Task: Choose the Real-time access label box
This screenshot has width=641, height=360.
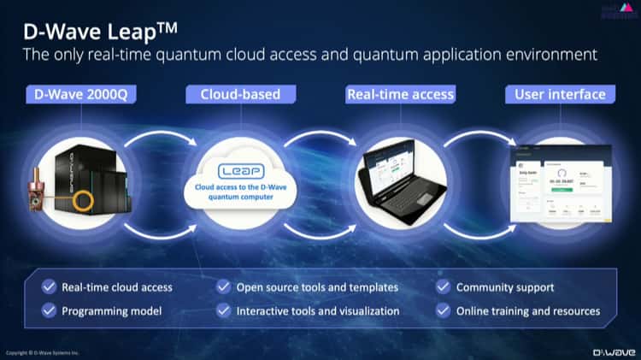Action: point(400,94)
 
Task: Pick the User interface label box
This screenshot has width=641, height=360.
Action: point(560,94)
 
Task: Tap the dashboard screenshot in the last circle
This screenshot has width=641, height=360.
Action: point(559,184)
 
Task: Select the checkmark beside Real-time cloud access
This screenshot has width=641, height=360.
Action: point(50,287)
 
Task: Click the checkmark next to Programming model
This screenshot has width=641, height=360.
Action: point(50,310)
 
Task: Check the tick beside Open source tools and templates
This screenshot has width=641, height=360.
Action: point(224,287)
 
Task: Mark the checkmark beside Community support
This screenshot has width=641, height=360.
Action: point(443,287)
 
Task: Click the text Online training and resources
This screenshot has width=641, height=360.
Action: point(527,310)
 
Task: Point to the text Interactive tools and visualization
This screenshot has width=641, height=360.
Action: point(317,310)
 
